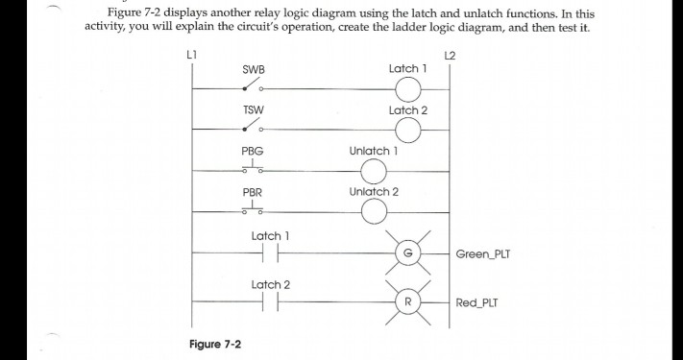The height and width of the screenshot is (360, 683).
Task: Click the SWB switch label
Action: tap(254, 69)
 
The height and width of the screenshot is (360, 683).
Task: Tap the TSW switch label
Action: tap(254, 110)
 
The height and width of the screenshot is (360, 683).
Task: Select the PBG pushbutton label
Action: tap(253, 152)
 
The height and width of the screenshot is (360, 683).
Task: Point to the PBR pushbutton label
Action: tap(253, 192)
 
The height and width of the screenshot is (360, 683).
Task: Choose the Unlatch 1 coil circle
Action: tap(373, 172)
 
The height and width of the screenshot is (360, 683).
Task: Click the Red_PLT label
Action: tap(477, 302)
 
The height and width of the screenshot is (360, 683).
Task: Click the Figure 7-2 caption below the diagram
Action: tap(215, 343)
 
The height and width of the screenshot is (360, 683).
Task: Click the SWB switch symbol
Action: tap(253, 87)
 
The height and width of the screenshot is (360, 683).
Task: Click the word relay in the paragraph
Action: tap(293, 14)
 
